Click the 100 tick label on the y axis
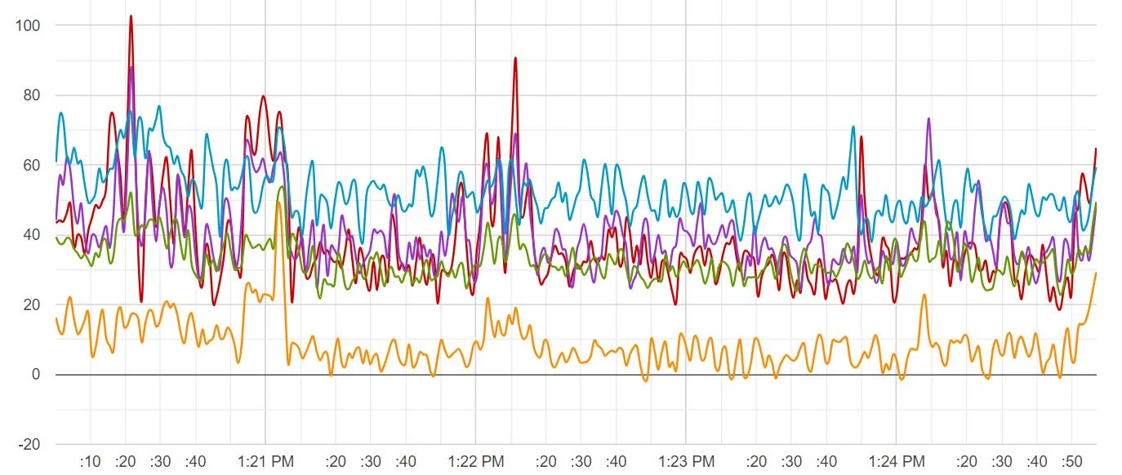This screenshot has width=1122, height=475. click(28, 25)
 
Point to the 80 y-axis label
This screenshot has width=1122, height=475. click(32, 95)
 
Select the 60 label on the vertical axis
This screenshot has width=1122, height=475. click(32, 165)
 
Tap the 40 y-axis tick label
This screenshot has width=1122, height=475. click(32, 235)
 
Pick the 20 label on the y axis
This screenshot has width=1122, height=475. click(32, 304)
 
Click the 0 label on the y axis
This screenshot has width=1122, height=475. click(36, 375)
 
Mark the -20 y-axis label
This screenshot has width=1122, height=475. click(29, 445)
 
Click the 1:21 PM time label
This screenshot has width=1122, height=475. click(265, 461)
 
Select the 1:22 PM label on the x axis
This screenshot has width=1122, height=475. click(476, 461)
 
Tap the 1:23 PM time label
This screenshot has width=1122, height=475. click(686, 461)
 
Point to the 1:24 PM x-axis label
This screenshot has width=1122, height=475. click(897, 461)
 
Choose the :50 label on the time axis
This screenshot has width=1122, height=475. click(1072, 461)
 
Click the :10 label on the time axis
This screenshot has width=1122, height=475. click(90, 461)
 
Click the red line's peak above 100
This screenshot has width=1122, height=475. click(131, 16)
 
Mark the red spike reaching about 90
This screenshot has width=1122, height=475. click(515, 59)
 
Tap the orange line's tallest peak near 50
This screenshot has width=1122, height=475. click(278, 202)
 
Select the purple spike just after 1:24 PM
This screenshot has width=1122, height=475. click(928, 119)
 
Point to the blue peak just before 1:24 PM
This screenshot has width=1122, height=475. click(853, 127)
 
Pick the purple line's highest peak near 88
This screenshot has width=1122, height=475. click(131, 68)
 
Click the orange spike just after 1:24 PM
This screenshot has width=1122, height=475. click(924, 295)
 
